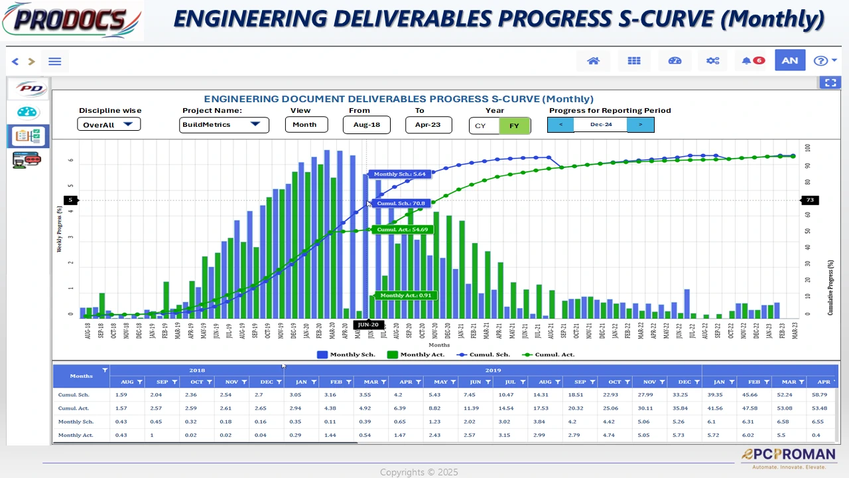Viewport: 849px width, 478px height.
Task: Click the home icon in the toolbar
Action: [x=594, y=61]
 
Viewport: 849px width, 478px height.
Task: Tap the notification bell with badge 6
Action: [x=752, y=61]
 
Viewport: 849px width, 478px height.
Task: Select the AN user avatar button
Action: [x=789, y=61]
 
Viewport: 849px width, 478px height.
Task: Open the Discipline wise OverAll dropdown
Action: [x=109, y=124]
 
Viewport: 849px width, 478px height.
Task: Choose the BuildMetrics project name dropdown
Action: [x=224, y=125]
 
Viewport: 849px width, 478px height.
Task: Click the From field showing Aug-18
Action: [x=366, y=125]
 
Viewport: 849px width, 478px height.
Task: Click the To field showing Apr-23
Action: [x=428, y=125]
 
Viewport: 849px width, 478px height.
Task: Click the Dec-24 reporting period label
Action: [x=600, y=125]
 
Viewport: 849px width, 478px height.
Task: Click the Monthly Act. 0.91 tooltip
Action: [x=405, y=295]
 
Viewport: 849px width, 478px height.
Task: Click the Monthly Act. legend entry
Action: [x=416, y=355]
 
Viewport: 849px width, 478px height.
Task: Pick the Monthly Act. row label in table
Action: [x=76, y=436]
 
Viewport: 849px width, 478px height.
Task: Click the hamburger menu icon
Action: [x=55, y=62]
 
